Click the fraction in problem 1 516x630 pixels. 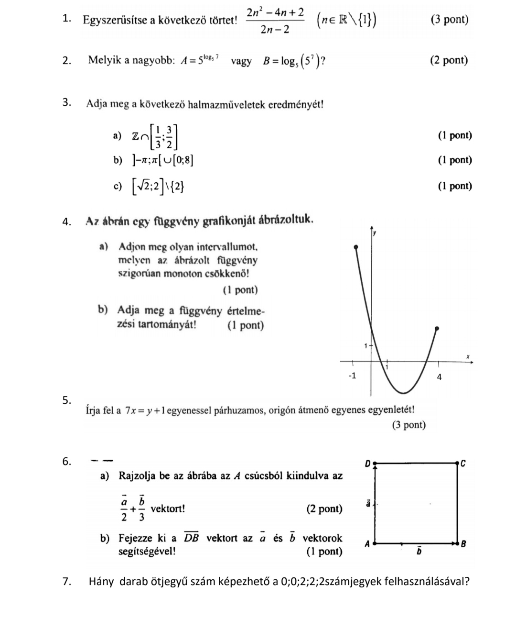click(275, 20)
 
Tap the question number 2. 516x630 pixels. click(67, 61)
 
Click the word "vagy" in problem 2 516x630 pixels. click(241, 61)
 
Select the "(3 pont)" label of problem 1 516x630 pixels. click(449, 20)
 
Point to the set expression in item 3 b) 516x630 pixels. click(163, 160)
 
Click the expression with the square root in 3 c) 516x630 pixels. click(158, 186)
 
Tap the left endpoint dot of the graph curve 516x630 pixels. click(355, 247)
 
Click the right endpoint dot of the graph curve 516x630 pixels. click(436, 329)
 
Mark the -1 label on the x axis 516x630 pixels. click(352, 376)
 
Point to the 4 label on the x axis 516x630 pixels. click(440, 377)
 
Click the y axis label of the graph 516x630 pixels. click(375, 233)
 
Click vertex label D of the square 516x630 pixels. click(367, 463)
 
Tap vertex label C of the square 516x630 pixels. click(462, 463)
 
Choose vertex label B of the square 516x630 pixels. click(463, 543)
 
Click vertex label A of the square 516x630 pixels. click(367, 543)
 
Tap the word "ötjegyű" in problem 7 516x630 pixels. click(168, 582)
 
